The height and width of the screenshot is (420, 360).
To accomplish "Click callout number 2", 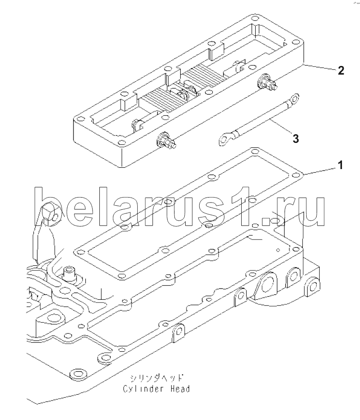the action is coord(341,71).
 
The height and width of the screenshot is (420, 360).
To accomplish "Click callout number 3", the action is coord(295,139).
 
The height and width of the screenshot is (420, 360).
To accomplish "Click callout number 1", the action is coord(341,165).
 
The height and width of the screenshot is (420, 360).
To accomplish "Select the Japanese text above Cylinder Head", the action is coord(157,378).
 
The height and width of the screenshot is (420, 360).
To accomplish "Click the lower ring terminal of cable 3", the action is coord(226,139).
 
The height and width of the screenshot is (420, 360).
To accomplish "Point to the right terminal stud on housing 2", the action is coord(267,82).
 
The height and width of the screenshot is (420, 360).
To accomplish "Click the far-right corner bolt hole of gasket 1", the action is coord(296,175).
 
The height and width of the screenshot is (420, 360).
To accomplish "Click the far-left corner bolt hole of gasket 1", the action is coord(79,252).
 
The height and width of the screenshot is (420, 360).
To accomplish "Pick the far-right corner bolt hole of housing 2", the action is coord(296,42).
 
